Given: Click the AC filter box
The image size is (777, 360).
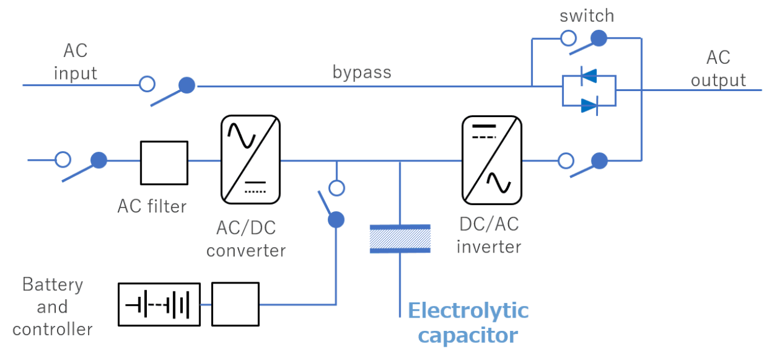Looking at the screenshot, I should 164,162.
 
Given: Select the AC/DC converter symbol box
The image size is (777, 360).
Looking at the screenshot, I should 250,159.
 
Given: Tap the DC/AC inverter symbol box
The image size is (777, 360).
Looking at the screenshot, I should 492,159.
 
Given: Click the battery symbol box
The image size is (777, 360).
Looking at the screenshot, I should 159,304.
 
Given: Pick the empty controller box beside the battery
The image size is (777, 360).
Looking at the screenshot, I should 235,304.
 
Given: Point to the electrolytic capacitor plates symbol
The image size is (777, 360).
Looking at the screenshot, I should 400,238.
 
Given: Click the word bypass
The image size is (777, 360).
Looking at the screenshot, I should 362,72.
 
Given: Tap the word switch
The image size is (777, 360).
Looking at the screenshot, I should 587,15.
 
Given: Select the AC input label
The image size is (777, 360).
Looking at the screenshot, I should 75,62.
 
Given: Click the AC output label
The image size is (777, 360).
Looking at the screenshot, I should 718,69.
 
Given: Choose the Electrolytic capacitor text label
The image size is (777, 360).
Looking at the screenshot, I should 468,322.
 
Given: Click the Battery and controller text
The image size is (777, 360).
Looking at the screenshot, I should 52,307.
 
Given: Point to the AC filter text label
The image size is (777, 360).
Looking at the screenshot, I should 152,206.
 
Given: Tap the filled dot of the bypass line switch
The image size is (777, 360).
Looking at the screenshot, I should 188,85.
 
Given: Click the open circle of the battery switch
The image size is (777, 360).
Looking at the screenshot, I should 336,188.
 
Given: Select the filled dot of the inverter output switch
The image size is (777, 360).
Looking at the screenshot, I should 600,160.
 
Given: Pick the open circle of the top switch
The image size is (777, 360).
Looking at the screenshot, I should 568,38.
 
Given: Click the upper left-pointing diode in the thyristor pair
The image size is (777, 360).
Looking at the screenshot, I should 588,76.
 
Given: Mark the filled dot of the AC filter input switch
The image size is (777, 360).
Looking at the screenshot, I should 99,160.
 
